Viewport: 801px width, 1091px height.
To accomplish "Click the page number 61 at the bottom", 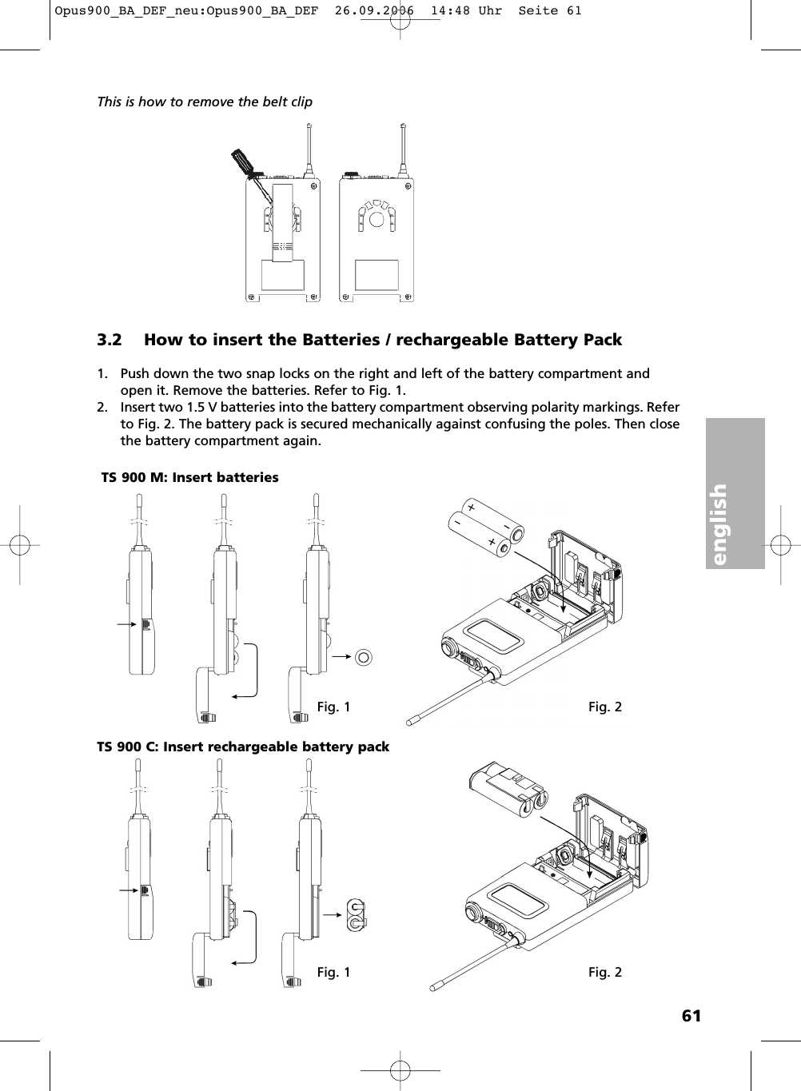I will pyautogui.click(x=691, y=1016).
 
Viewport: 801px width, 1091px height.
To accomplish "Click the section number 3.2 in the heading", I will pyautogui.click(x=110, y=340).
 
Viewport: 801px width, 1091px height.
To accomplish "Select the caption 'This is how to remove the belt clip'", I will pyautogui.click(x=205, y=102).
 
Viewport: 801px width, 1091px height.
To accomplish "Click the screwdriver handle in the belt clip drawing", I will pyautogui.click(x=241, y=161).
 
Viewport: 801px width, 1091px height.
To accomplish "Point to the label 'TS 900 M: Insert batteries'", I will pyautogui.click(x=190, y=477).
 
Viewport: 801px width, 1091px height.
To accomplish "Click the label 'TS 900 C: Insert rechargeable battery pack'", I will pyautogui.click(x=243, y=747).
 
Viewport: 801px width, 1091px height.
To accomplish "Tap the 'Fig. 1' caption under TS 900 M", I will pyautogui.click(x=333, y=707).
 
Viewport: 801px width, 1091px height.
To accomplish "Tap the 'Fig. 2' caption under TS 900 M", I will pyautogui.click(x=605, y=707).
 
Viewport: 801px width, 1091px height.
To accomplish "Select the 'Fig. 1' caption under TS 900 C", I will pyautogui.click(x=333, y=972).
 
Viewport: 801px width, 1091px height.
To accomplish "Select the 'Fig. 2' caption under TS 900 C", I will pyautogui.click(x=605, y=972).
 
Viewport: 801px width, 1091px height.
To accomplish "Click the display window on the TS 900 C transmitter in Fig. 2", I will pyautogui.click(x=518, y=902).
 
